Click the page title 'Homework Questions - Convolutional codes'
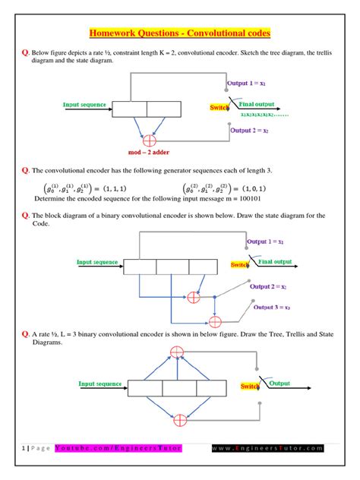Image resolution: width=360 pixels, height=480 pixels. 180,33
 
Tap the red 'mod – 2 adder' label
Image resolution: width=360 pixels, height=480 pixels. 149,153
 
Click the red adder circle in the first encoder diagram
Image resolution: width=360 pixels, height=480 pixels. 149,141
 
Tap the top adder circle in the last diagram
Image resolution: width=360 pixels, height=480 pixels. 177,351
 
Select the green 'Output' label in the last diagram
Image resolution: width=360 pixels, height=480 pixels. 285,384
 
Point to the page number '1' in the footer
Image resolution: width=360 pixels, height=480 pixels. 25,448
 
